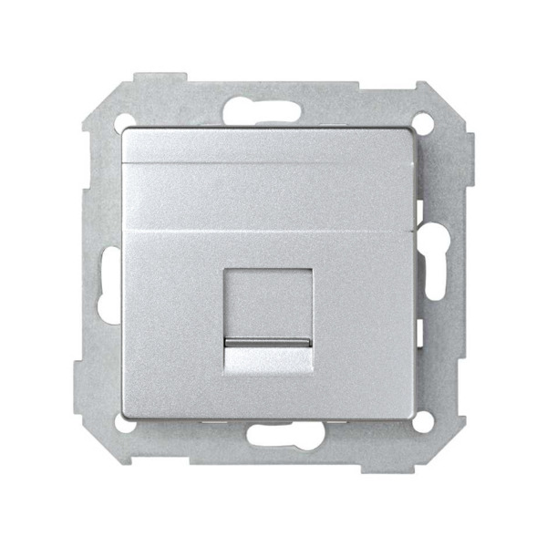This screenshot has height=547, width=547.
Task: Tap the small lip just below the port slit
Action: coord(273,356)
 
